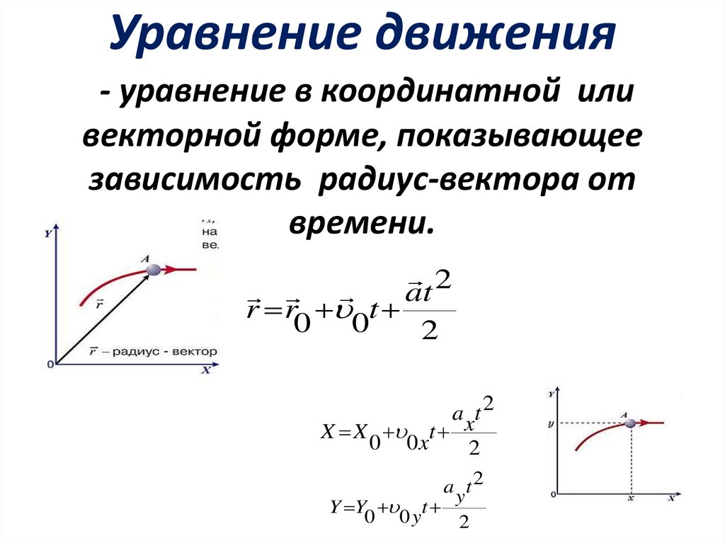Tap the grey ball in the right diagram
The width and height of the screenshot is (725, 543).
pos(630,423)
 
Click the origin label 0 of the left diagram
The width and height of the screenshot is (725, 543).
pos(50,365)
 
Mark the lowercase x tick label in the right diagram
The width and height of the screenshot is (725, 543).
pos(629,499)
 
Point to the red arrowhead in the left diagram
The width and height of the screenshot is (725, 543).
pos(169,269)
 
